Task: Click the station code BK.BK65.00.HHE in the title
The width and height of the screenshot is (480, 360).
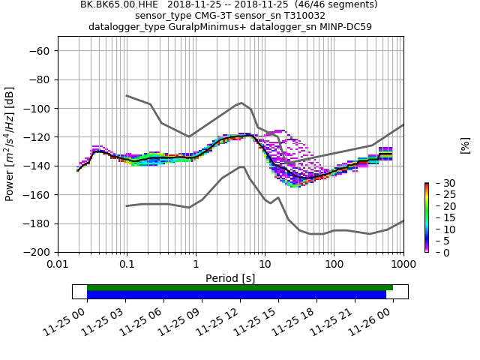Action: [x=118, y=4]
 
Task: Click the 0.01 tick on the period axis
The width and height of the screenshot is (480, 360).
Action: [x=58, y=265]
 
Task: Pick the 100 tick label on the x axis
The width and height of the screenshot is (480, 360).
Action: [x=334, y=265]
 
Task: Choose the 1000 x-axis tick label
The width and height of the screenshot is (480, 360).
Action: [x=403, y=265]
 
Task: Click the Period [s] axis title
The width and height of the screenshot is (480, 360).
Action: [x=230, y=278]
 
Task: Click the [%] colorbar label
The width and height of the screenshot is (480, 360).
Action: [x=465, y=144]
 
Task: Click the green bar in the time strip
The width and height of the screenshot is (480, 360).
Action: [x=240, y=287]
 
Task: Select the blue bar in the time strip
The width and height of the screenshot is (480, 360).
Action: [x=236, y=295]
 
